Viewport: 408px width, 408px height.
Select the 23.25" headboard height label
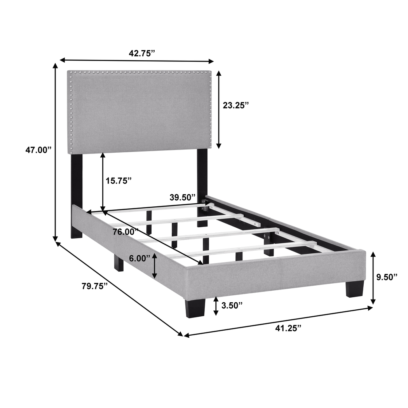[x=235, y=105]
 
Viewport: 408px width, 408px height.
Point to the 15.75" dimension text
[x=119, y=180]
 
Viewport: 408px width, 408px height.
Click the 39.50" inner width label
[x=182, y=197]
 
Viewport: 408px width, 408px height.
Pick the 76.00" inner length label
[x=126, y=232]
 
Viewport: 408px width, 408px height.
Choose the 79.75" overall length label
[x=94, y=286]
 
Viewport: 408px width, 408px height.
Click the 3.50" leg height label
[x=232, y=305]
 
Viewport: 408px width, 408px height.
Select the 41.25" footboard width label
[x=288, y=328]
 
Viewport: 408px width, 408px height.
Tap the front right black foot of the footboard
[x=355, y=288]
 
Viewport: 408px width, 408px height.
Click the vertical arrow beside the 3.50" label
[x=216, y=306]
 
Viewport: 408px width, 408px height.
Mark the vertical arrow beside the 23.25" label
[x=219, y=109]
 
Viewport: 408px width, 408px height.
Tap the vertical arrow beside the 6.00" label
[x=155, y=265]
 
